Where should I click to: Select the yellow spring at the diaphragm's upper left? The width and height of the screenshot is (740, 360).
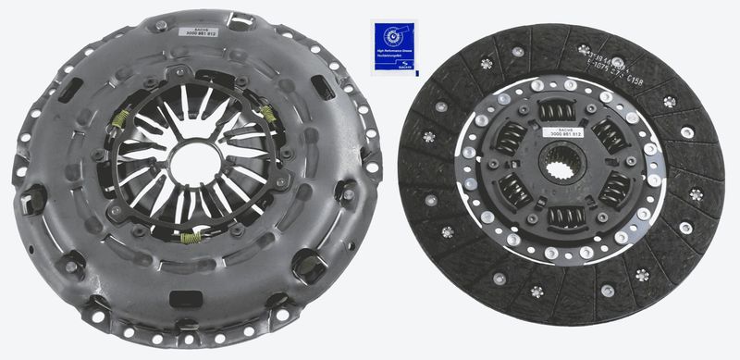(x=119, y=119)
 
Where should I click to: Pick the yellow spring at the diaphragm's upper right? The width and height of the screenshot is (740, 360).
(x=267, y=115)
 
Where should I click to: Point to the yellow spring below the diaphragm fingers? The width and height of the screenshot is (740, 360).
(x=190, y=240)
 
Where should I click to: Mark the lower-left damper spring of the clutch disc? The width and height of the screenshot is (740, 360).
(x=513, y=192)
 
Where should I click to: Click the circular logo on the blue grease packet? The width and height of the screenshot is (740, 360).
(x=397, y=36)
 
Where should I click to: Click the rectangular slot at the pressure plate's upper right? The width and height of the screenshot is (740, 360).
(x=325, y=88)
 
